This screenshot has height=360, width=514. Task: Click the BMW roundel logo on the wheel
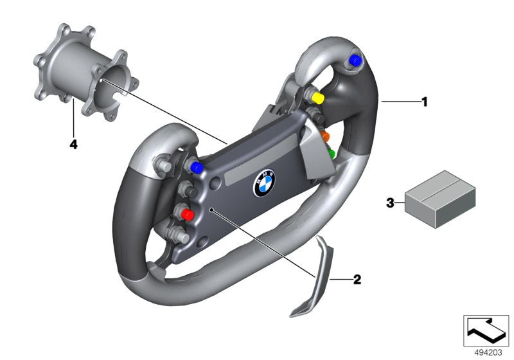coord(263,184)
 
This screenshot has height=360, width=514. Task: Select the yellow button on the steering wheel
coord(317,97)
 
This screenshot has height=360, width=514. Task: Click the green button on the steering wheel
coord(331,154)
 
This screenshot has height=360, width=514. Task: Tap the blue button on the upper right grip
coord(353,60)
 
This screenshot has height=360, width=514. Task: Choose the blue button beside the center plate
coord(197,167)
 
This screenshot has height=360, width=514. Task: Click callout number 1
coord(424,102)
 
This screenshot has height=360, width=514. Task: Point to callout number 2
coord(357,280)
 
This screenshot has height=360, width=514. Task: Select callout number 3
coord(389,203)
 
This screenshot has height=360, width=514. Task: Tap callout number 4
coord(73,145)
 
